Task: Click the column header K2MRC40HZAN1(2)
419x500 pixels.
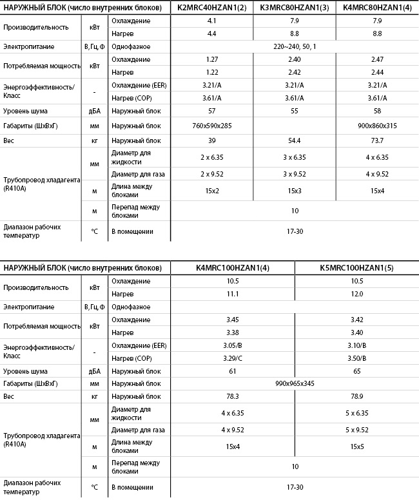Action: click(x=211, y=8)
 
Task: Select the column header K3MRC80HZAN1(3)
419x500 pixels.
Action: click(x=295, y=8)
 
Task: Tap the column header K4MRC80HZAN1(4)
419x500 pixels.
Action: click(x=377, y=8)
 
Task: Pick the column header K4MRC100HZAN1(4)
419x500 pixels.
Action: click(x=233, y=267)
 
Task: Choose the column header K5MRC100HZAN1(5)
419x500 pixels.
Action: click(x=356, y=267)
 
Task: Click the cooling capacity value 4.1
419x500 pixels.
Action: click(x=211, y=21)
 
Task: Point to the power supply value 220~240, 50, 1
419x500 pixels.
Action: click(x=295, y=46)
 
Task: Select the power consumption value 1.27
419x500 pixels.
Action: click(x=211, y=59)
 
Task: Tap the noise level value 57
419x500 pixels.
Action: click(x=211, y=111)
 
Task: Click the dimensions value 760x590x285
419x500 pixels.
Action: click(x=211, y=126)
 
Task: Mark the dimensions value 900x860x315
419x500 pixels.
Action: click(x=377, y=126)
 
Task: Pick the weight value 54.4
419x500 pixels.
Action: click(x=295, y=140)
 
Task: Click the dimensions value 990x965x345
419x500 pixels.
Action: click(x=295, y=383)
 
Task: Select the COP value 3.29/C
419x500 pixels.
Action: click(x=233, y=358)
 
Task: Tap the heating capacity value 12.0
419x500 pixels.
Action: click(x=356, y=293)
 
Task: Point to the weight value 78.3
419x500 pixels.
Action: click(x=233, y=396)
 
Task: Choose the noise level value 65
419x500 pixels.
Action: click(x=356, y=371)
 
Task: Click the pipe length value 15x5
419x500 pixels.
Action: click(x=356, y=446)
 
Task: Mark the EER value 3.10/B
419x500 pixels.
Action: click(x=356, y=345)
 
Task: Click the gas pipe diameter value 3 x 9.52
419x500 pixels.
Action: click(x=295, y=174)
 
